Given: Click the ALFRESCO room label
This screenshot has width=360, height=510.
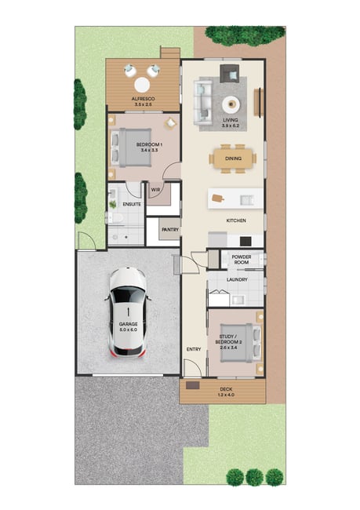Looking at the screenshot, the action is pyautogui.click(x=143, y=99).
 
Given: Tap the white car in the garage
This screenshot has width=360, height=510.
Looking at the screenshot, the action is pyautogui.click(x=128, y=312).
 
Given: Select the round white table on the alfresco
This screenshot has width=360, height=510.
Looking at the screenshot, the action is pyautogui.click(x=142, y=86).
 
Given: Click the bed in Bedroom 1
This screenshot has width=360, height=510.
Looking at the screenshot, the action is pyautogui.click(x=131, y=148).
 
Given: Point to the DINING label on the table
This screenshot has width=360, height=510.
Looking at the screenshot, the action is pyautogui.click(x=233, y=158).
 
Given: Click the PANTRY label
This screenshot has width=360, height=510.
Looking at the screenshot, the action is pyautogui.click(x=170, y=230).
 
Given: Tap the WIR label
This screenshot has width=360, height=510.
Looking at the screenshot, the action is pyautogui.click(x=155, y=190).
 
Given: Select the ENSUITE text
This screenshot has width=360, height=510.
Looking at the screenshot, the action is pyautogui.click(x=132, y=204).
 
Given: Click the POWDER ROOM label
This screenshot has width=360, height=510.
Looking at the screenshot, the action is pyautogui.click(x=242, y=260).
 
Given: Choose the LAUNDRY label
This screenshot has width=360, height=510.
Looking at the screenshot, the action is pyautogui.click(x=237, y=279).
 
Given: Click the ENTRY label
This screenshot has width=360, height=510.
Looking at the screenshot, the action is pyautogui.click(x=194, y=349).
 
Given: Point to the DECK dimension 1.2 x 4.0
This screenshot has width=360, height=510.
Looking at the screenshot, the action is pyautogui.click(x=226, y=395).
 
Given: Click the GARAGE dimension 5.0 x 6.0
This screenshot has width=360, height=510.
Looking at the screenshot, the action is pyautogui.click(x=128, y=330).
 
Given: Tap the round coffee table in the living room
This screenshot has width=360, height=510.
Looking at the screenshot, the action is pyautogui.click(x=231, y=104).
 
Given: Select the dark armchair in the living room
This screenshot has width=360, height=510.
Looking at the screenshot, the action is pyautogui.click(x=230, y=74).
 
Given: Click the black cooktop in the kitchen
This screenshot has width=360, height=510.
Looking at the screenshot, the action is pyautogui.click(x=245, y=241).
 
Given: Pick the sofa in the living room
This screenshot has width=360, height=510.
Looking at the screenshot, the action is pyautogui.click(x=203, y=102).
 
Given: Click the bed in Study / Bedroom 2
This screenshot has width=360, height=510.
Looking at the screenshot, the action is pyautogui.click(x=241, y=343).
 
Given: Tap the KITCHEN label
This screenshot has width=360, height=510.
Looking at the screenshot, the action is pyautogui.click(x=236, y=220).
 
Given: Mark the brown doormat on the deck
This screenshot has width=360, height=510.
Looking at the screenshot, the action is pyautogui.click(x=192, y=385).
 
